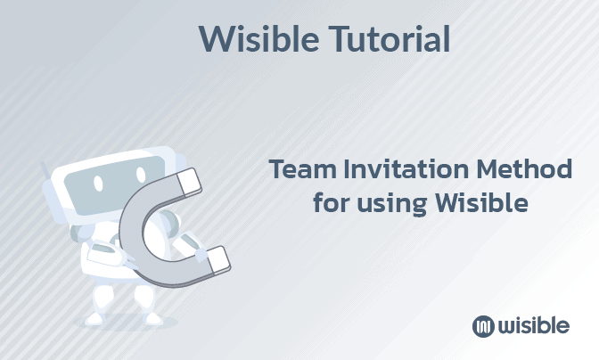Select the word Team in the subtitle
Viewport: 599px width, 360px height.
point(299,169)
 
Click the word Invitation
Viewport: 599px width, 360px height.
point(403,169)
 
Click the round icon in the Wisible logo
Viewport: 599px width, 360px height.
point(483,326)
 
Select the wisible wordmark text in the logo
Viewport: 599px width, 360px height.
point(533,325)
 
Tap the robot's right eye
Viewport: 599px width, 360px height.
point(135,177)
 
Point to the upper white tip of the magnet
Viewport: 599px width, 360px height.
point(190,183)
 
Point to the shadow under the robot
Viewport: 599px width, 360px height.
point(129,323)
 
